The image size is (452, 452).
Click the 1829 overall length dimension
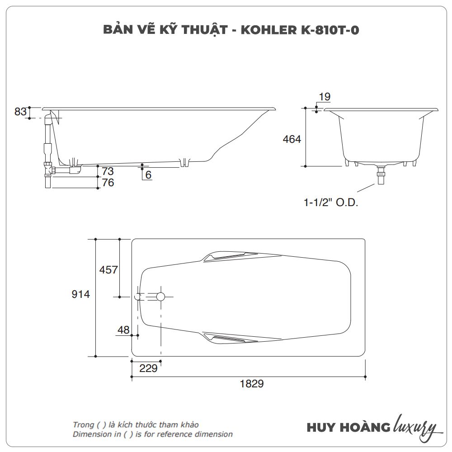coord(251,384)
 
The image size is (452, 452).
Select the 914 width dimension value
coord(81,294)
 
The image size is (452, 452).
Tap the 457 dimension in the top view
coord(108,270)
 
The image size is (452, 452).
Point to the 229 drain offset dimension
coord(148,368)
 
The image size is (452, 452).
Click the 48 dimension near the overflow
coord(123,330)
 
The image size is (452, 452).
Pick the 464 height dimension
coord(292,139)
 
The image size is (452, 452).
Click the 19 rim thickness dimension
coord(325,97)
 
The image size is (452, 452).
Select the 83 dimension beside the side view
coord(21,112)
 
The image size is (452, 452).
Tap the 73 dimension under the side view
coord(108,171)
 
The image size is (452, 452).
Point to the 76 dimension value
coord(108,183)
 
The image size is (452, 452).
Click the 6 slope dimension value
coord(148,174)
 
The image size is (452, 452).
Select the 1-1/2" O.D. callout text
coord(330,202)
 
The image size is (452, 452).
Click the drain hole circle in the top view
coord(160,297)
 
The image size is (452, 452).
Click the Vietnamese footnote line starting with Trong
coord(136,424)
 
